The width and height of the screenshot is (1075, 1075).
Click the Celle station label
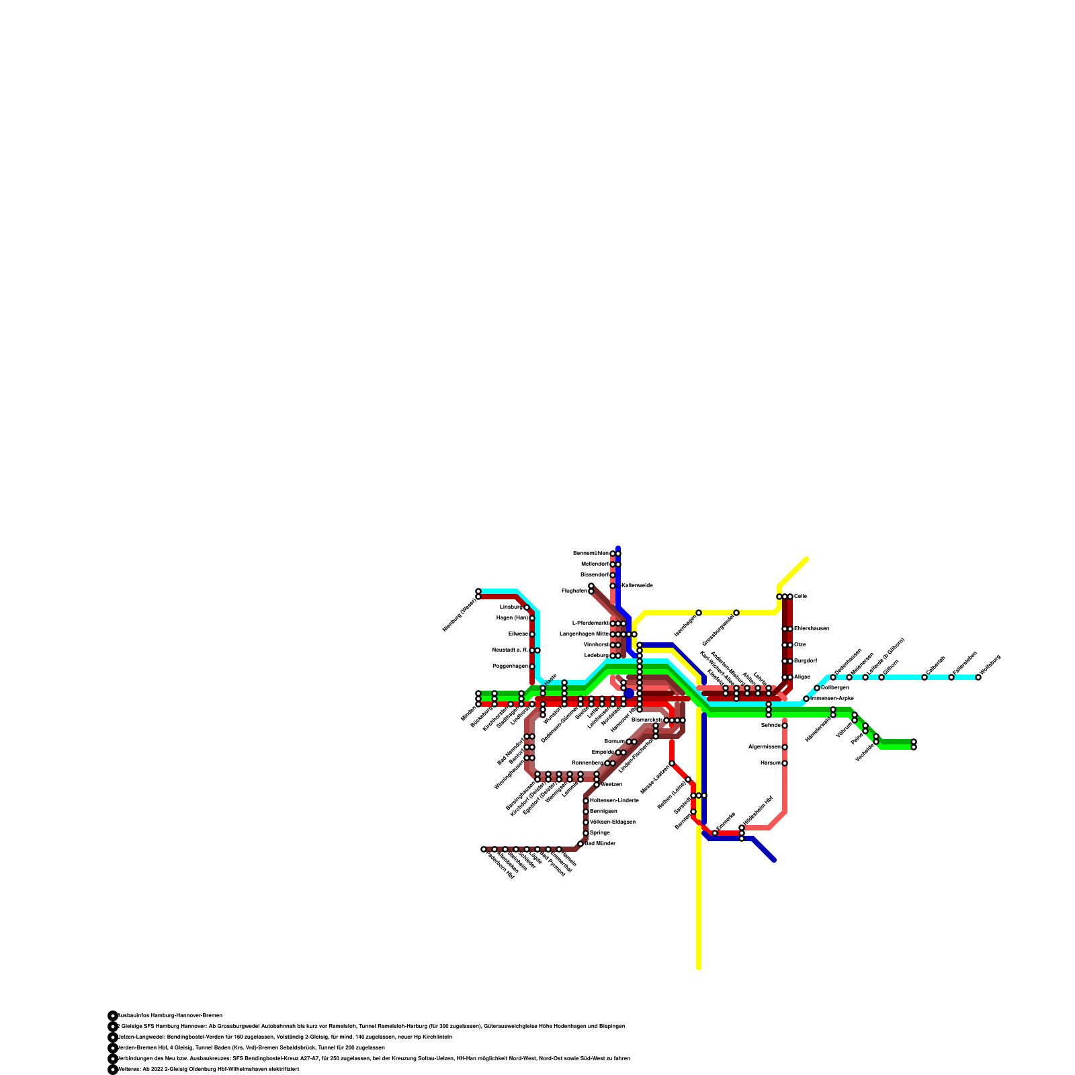click(800, 597)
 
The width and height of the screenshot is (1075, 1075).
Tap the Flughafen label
click(574, 591)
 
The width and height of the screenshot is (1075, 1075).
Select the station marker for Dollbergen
click(817, 688)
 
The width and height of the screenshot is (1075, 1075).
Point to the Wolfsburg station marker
click(978, 677)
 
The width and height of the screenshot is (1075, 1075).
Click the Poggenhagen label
click(510, 666)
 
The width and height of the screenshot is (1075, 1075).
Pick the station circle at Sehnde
click(785, 726)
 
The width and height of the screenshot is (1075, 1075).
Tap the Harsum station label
click(770, 763)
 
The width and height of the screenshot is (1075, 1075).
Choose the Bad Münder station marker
click(580, 844)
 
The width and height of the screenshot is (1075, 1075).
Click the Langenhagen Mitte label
click(584, 634)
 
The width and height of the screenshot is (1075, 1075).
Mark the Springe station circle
click(586, 833)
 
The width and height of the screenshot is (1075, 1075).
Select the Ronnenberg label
click(587, 763)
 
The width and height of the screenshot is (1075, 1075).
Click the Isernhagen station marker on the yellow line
click(699, 613)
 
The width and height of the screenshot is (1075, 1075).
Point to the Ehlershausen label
click(812, 629)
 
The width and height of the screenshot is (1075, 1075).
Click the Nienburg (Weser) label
click(459, 615)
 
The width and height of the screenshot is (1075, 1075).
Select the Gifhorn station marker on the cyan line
click(881, 677)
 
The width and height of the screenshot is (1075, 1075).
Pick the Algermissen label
click(765, 747)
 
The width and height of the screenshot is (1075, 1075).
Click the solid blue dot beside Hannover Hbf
click(629, 693)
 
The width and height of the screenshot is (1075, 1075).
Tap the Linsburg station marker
click(527, 607)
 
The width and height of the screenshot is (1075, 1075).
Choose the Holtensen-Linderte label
click(614, 801)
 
